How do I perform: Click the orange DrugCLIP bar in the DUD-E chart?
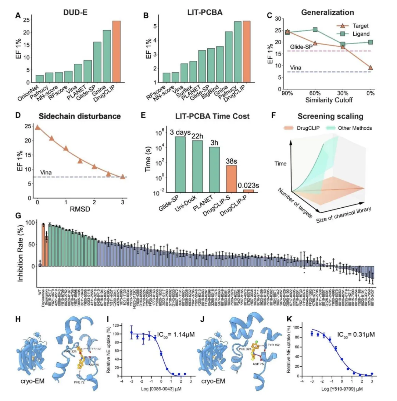[116, 51]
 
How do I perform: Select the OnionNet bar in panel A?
[39, 78]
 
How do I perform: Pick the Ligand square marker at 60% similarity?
[315, 30]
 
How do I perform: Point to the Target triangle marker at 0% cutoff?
[371, 67]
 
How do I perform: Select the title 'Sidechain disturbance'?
[80, 116]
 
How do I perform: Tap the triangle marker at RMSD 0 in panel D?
[37, 127]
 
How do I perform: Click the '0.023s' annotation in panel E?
[249, 186]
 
